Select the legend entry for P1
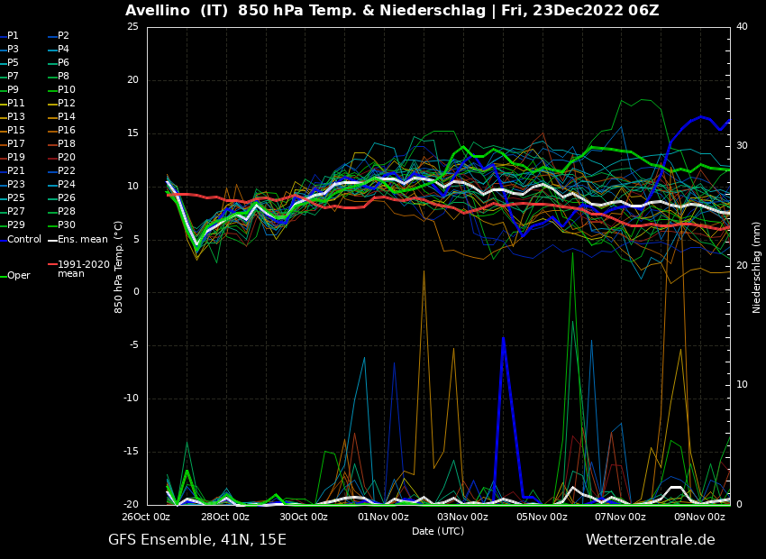tap(13, 36)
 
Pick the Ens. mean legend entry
tap(82, 240)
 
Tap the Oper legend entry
tap(18, 276)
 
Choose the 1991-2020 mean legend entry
tap(83, 269)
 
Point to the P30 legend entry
tap(67, 225)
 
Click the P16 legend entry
tap(67, 131)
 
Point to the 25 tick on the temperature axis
tap(132, 27)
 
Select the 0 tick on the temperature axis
tap(136, 292)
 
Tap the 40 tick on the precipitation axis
tap(742, 27)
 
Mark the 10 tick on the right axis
tap(742, 385)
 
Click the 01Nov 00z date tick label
tap(383, 517)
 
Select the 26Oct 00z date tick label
tap(147, 517)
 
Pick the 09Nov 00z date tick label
tap(699, 517)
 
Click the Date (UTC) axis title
tap(438, 531)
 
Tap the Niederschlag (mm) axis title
tap(757, 267)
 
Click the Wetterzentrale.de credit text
tap(650, 540)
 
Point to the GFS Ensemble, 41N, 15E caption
tap(197, 540)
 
